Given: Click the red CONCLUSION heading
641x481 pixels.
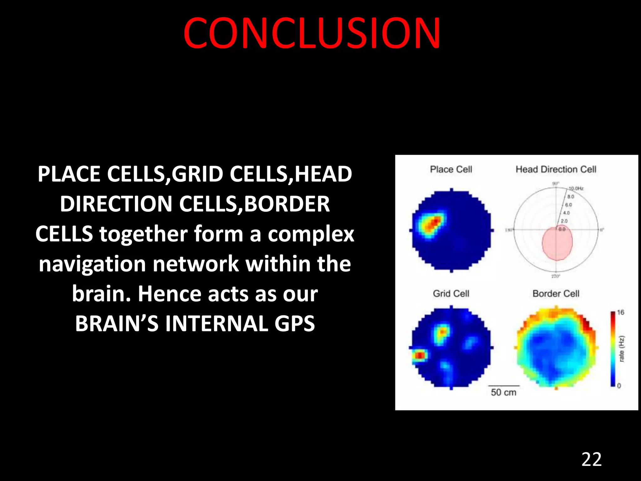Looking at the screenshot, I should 312,34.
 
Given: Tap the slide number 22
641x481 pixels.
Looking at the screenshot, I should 591,460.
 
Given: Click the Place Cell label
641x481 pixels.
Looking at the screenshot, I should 451,169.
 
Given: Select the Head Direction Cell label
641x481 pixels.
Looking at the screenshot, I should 556,169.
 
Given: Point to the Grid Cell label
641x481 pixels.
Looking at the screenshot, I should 451,293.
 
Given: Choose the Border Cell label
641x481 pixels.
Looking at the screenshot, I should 556,293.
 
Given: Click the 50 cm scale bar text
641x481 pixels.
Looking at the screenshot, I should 503,392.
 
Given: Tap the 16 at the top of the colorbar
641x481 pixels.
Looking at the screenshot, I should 620,312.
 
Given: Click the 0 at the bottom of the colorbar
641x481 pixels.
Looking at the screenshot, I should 619,386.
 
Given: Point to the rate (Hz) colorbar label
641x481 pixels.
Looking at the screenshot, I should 622,349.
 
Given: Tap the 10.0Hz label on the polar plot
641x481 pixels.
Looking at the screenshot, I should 576,189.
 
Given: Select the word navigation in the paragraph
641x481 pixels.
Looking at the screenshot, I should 93,264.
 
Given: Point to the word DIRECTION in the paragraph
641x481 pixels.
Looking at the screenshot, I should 116,204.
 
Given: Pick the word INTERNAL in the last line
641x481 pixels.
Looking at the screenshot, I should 216,323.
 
